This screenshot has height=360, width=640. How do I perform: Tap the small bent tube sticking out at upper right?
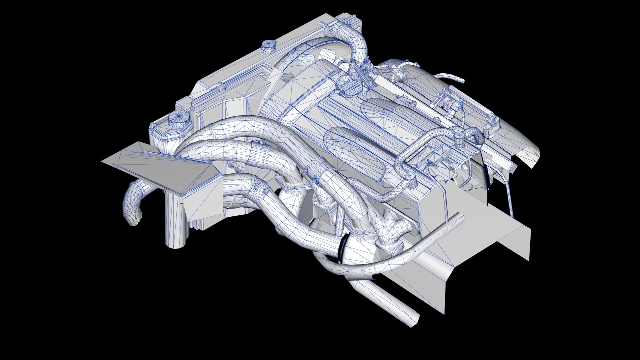point(454,78)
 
